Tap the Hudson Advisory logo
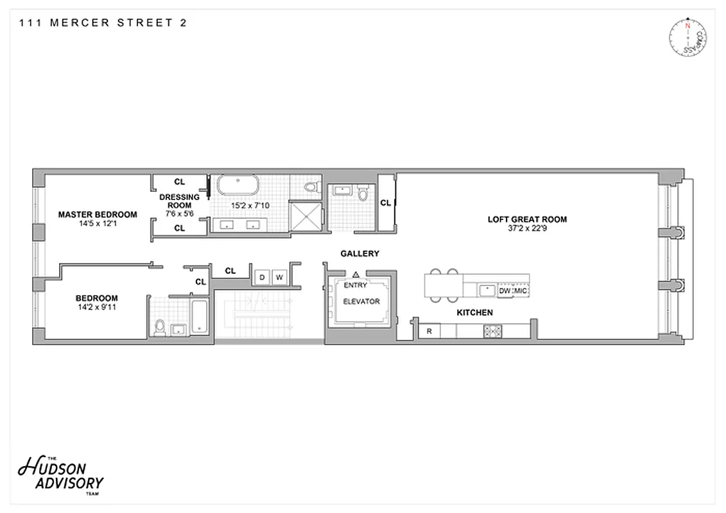pyautogui.click(x=61, y=474)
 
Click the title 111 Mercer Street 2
pyautogui.click(x=103, y=23)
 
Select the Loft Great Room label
pyautogui.click(x=527, y=219)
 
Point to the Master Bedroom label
pyautogui.click(x=98, y=215)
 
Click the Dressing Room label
pyautogui.click(x=180, y=201)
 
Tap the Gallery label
pyautogui.click(x=359, y=253)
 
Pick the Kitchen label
pyautogui.click(x=474, y=312)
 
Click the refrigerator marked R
pyautogui.click(x=429, y=332)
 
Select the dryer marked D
pyautogui.click(x=261, y=277)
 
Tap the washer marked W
pyautogui.click(x=279, y=277)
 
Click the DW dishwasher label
pyautogui.click(x=504, y=290)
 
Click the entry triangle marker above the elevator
pyautogui.click(x=355, y=274)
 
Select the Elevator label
pyautogui.click(x=361, y=301)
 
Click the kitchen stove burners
pyautogui.click(x=492, y=332)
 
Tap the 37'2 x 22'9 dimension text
pyautogui.click(x=527, y=228)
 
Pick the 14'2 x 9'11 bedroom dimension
pyautogui.click(x=97, y=307)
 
